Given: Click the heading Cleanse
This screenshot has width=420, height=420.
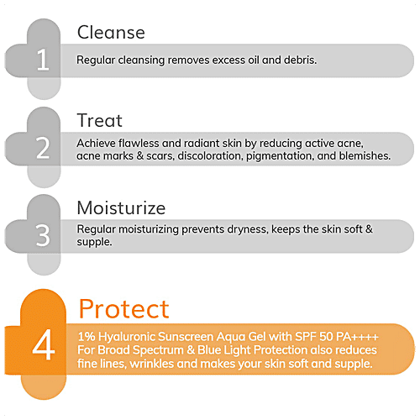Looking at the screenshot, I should pos(111,33).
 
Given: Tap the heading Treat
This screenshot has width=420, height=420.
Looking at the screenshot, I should pos(100,121).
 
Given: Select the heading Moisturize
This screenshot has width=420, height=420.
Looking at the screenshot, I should pos(121,207).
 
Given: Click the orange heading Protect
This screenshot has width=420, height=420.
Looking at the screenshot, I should pos(123,308).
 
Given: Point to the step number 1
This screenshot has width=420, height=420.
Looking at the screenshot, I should pos(43,60).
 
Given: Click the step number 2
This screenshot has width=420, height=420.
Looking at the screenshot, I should pos(43,148).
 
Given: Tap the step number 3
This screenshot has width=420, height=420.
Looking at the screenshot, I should pos(43,234).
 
